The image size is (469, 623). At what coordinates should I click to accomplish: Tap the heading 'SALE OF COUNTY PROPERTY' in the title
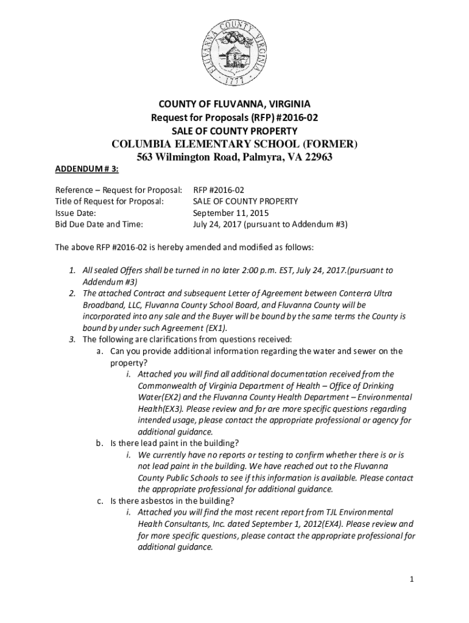pos(234,131)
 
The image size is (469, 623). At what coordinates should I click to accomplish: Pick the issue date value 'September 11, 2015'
pos(230,213)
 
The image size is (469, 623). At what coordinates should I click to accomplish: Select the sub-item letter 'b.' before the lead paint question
pos(100,443)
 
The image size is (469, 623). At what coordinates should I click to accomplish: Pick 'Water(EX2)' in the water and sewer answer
pos(161,397)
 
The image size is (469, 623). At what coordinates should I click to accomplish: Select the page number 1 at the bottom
pos(412,579)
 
